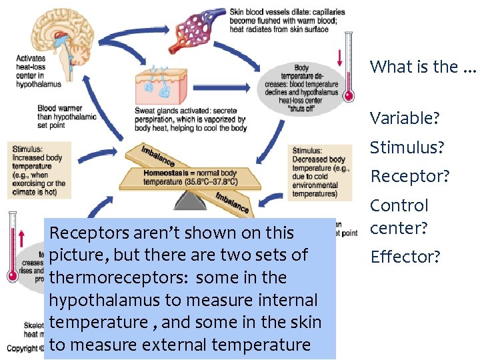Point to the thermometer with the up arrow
click(x=12, y=247)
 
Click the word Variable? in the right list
click(x=405, y=119)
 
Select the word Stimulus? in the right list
click(x=406, y=147)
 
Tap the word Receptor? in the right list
click(x=410, y=177)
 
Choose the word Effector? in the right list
click(x=405, y=257)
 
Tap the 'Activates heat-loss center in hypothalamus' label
click(x=39, y=71)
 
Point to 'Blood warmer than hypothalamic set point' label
click(x=67, y=116)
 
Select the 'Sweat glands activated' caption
click(x=191, y=119)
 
